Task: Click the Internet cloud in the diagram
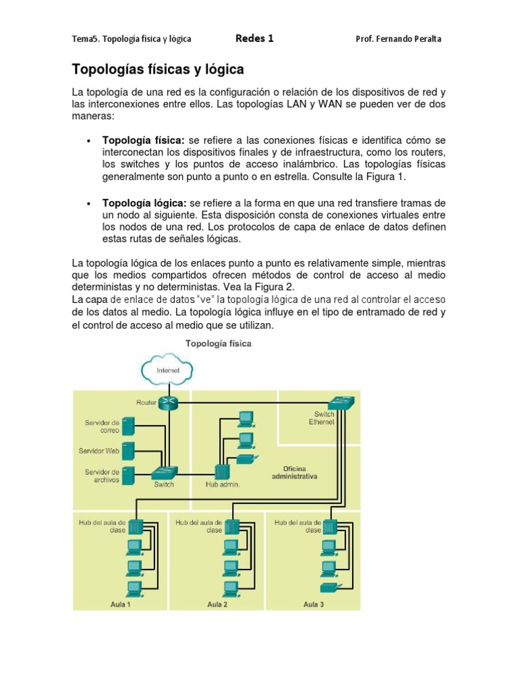coord(167,370)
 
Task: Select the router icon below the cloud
coord(169,402)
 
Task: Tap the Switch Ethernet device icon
coord(345,404)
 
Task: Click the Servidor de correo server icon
coord(129,426)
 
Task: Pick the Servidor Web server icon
coord(129,450)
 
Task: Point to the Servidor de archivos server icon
coord(129,475)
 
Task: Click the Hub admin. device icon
coord(223,472)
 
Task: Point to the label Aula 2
coord(217,605)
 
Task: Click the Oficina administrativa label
coord(294,472)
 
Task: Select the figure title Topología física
coord(219,343)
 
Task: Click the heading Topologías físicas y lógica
coord(158,70)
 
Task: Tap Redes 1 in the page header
coord(254,38)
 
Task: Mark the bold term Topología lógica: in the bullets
coord(144,203)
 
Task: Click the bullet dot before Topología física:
coord(88,140)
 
